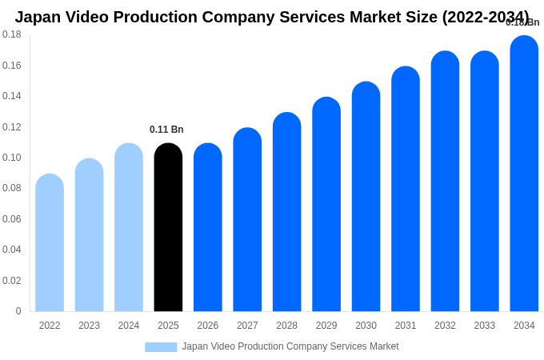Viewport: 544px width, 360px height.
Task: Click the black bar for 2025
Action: (168, 228)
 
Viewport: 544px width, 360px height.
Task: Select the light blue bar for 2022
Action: (50, 243)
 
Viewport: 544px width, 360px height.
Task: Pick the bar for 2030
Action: (366, 197)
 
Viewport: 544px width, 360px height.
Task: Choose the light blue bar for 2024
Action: (129, 228)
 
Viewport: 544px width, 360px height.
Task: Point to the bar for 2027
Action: (247, 220)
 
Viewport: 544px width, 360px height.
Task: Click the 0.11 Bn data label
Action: (166, 130)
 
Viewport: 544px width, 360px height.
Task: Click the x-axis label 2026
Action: (208, 326)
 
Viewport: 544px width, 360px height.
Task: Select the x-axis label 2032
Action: (445, 326)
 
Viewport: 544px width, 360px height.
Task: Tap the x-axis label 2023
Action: (89, 326)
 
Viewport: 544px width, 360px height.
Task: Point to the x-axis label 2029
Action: (326, 326)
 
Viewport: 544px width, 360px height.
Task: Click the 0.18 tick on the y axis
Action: (12, 34)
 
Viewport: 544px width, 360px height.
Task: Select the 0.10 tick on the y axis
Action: (12, 158)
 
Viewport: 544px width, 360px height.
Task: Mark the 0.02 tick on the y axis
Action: (12, 281)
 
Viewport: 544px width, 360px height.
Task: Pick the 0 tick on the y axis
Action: (18, 311)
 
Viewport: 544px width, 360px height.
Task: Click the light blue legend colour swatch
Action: (161, 347)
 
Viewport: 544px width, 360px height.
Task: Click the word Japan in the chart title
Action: (38, 17)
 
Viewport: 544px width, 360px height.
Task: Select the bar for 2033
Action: (485, 182)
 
